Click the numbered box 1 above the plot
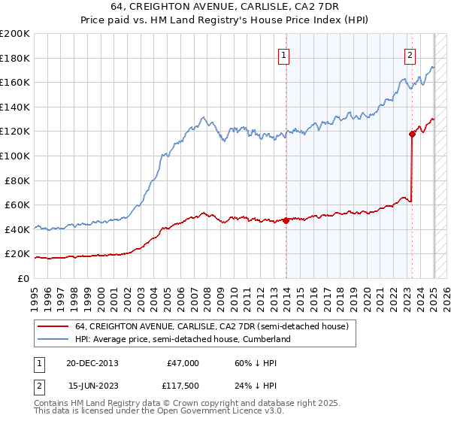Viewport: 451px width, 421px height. click(285, 54)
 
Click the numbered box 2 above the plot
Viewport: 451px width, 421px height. click(410, 54)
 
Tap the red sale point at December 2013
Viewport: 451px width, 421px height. click(286, 220)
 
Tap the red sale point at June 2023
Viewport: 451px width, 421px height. click(412, 134)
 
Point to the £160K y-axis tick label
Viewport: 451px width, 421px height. click(14, 82)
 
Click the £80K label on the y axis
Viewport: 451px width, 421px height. click(17, 180)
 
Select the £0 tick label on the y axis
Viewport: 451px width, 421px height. click(23, 278)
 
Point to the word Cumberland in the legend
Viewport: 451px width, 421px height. click(265, 340)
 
